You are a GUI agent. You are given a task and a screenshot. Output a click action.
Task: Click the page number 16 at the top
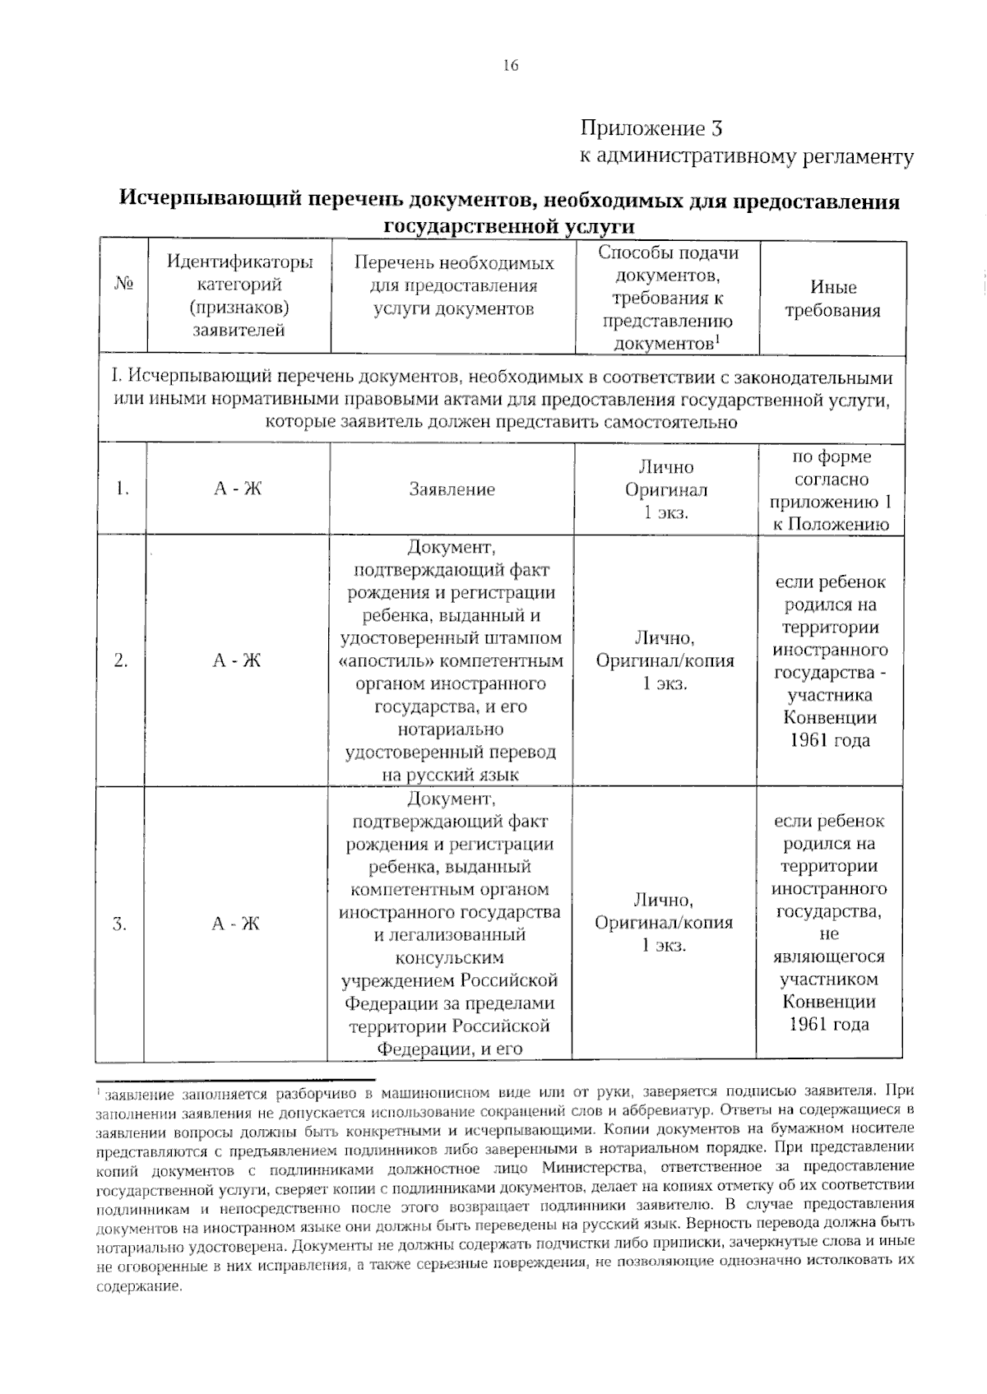[510, 66]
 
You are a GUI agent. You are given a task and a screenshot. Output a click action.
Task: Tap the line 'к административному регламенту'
[747, 156]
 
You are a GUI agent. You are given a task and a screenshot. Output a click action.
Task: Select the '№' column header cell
[123, 285]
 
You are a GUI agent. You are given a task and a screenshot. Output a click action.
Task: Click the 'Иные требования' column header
[832, 299]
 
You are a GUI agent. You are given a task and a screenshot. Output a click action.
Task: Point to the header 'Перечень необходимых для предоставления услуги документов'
[453, 285]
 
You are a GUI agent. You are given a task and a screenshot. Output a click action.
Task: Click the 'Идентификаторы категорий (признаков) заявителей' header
[239, 296]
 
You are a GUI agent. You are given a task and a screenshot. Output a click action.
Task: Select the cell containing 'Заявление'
[452, 489]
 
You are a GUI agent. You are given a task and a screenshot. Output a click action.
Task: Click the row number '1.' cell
[123, 489]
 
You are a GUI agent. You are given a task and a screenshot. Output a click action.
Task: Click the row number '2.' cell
[121, 660]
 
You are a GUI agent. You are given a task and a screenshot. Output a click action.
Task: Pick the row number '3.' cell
[120, 924]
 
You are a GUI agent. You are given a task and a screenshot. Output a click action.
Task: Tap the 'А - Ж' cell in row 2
[237, 660]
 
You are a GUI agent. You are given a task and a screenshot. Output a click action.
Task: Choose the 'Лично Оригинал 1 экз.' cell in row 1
[666, 489]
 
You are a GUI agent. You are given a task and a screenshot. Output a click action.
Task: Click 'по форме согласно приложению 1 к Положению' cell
[831, 490]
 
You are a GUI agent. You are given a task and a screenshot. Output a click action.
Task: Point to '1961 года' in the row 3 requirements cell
[829, 1024]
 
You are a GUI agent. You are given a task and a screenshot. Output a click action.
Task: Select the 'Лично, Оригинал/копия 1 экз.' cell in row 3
[664, 923]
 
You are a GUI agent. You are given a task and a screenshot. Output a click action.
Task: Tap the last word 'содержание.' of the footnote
[138, 1287]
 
